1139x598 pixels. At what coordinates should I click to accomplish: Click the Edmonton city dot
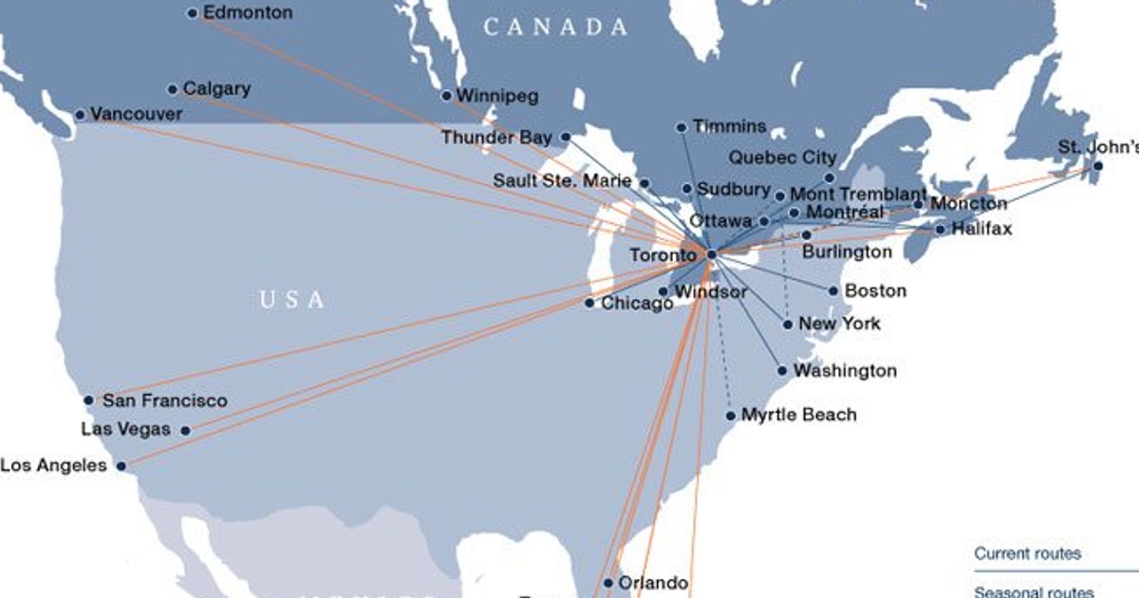pyautogui.click(x=193, y=13)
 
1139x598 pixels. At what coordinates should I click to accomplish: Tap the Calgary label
pyautogui.click(x=216, y=88)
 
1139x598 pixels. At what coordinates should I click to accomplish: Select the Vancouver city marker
pyautogui.click(x=80, y=115)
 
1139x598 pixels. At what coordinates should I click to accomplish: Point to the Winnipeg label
pyautogui.click(x=497, y=95)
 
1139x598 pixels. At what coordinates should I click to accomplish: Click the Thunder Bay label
pyautogui.click(x=496, y=138)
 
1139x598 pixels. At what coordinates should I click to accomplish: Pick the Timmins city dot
pyautogui.click(x=682, y=127)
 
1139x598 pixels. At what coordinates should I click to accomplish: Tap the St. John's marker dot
pyautogui.click(x=1097, y=166)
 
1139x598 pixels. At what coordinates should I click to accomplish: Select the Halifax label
pyautogui.click(x=981, y=229)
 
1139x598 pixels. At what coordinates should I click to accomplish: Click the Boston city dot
pyautogui.click(x=833, y=290)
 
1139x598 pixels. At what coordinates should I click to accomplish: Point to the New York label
pyautogui.click(x=839, y=324)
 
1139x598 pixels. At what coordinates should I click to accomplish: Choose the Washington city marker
pyautogui.click(x=782, y=370)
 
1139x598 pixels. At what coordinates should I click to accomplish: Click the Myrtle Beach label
pyautogui.click(x=798, y=415)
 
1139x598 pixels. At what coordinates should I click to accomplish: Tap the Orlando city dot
pyautogui.click(x=607, y=583)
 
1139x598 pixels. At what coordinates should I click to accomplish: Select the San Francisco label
pyautogui.click(x=164, y=401)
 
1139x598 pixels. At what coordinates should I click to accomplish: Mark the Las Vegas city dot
pyautogui.click(x=185, y=430)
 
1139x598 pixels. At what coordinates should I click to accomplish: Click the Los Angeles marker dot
pyautogui.click(x=121, y=466)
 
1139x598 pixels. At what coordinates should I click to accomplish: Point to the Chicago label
pyautogui.click(x=637, y=304)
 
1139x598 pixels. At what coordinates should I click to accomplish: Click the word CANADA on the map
pyautogui.click(x=556, y=28)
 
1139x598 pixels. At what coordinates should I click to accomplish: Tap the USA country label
pyautogui.click(x=292, y=300)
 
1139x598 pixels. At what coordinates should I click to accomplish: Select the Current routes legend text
pyautogui.click(x=1028, y=554)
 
